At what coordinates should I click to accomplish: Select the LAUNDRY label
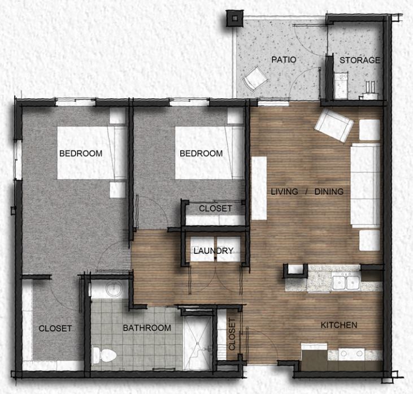212,251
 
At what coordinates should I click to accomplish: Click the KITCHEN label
339,325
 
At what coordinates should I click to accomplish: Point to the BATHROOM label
147,328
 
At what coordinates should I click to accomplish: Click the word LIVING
284,192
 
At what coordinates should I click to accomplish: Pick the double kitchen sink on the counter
346,281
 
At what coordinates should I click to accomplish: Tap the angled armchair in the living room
334,125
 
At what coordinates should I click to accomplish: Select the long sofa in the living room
364,185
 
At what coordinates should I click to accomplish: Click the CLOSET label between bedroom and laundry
215,209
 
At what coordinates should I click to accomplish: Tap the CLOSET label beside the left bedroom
55,328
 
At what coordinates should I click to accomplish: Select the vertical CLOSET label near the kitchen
232,334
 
